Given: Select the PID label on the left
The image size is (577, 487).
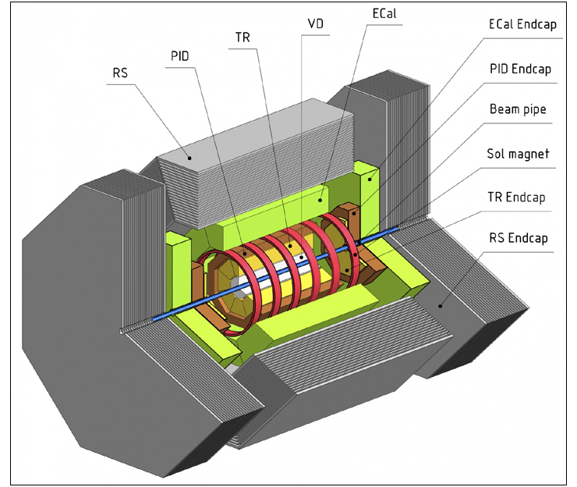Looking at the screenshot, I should pyautogui.click(x=180, y=56).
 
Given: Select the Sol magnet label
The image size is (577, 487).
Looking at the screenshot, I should pyautogui.click(x=517, y=154).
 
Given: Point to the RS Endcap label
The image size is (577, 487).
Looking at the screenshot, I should pyautogui.click(x=518, y=237).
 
